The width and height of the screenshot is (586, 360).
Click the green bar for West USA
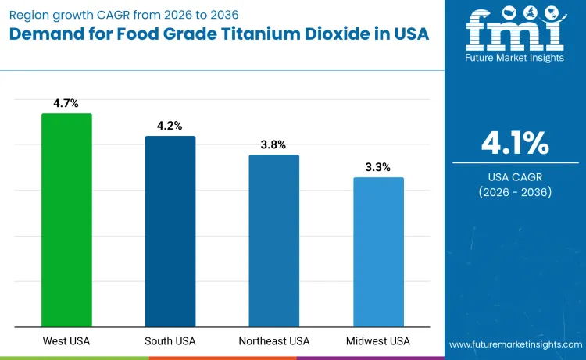[x=66, y=220]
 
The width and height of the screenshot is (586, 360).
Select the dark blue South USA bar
[x=170, y=231]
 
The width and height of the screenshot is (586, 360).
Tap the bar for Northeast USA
[x=274, y=241]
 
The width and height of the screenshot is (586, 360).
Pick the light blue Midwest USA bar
[x=378, y=252]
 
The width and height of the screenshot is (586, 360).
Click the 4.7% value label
[x=66, y=102]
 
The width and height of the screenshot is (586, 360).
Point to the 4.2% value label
[x=170, y=125]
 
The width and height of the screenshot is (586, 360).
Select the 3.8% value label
[x=274, y=144]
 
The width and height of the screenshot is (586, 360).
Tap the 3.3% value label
[x=378, y=166]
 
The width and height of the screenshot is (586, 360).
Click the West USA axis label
[x=66, y=341]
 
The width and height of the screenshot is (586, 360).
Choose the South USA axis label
[x=170, y=341]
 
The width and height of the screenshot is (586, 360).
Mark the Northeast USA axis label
[x=274, y=341]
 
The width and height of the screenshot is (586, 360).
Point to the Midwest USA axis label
[x=378, y=341]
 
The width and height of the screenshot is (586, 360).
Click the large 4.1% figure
[x=515, y=144]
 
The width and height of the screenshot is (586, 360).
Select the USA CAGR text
[x=515, y=176]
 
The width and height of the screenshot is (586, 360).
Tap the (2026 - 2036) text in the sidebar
[x=515, y=192]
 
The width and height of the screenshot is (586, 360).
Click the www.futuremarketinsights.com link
[x=514, y=344]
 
